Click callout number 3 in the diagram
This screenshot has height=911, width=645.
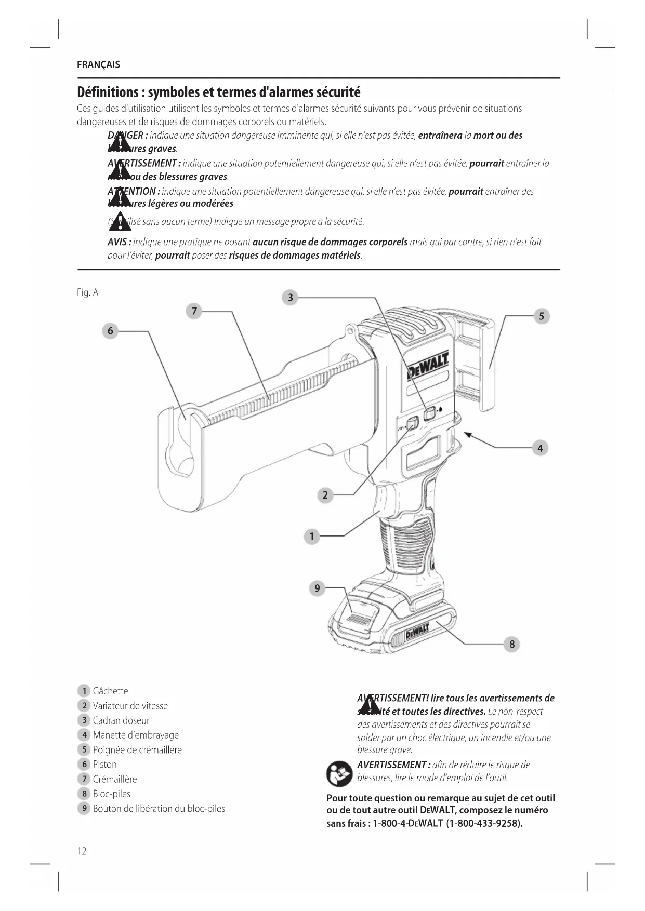click(x=290, y=298)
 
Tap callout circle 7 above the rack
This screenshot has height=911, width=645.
click(x=194, y=311)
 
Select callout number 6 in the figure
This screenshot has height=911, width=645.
click(x=110, y=331)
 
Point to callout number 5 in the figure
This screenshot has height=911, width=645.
click(x=541, y=316)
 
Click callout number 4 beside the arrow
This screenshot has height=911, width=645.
click(x=540, y=448)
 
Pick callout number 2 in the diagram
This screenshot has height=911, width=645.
click(x=325, y=495)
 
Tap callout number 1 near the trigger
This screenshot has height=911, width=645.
click(x=311, y=536)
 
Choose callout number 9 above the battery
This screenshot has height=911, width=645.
click(x=317, y=588)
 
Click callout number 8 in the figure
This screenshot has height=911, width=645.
click(x=511, y=644)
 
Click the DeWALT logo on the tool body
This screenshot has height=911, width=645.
click(x=427, y=367)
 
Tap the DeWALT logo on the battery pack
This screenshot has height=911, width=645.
click(x=417, y=632)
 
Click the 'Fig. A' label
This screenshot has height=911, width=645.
click(x=87, y=292)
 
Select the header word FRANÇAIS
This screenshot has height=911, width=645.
click(x=98, y=65)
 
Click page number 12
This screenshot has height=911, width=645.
click(x=82, y=851)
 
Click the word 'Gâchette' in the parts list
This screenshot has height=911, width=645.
click(x=110, y=691)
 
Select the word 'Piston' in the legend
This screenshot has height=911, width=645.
click(x=104, y=764)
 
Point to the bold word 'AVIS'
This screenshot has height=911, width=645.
click(x=119, y=242)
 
